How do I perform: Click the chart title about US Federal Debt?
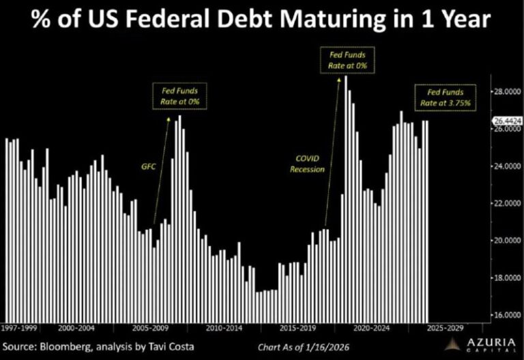coord(262,20)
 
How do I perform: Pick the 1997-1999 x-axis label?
coord(19,328)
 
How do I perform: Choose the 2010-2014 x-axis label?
coord(226,328)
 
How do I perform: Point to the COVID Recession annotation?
coord(307,164)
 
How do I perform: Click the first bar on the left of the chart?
coord(7,229)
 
